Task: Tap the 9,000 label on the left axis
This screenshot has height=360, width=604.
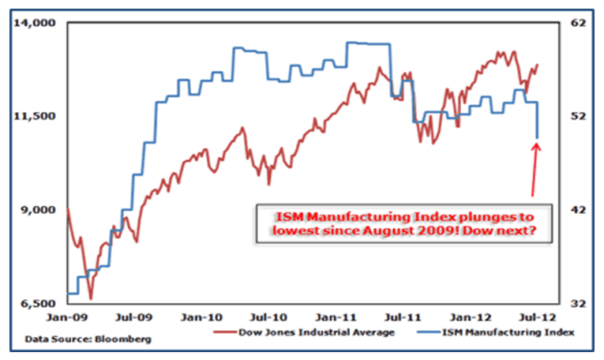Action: point(36,210)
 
